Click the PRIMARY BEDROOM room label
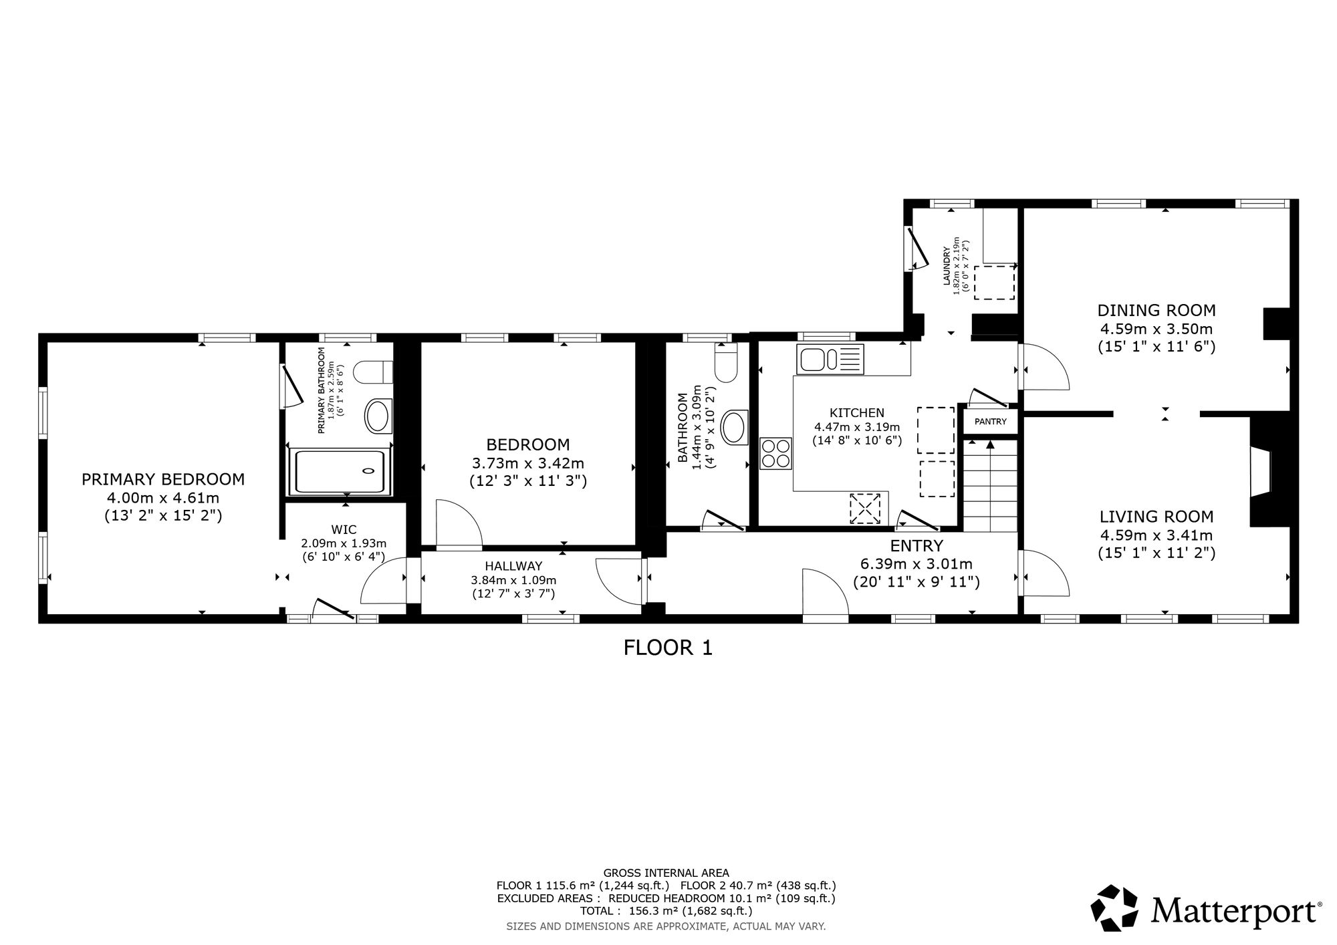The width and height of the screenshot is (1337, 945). point(163,479)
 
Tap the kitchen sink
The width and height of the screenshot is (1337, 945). point(830,359)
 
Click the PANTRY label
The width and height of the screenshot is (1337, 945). point(990,422)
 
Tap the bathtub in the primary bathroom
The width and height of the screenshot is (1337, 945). point(340,472)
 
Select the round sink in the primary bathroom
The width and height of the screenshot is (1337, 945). point(378,416)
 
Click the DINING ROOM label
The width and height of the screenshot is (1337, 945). point(1157,311)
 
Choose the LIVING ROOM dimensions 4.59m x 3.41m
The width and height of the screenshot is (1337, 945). point(1157,535)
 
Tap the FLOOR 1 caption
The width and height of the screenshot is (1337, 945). point(668,648)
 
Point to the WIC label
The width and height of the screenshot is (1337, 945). point(344,530)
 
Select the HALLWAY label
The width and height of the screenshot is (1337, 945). point(513,567)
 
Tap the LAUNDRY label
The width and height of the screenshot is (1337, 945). point(947,267)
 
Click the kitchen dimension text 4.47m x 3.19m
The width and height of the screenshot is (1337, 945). point(857,427)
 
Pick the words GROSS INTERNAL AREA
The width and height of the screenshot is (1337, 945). point(666,872)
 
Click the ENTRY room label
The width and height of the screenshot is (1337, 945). point(917,545)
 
